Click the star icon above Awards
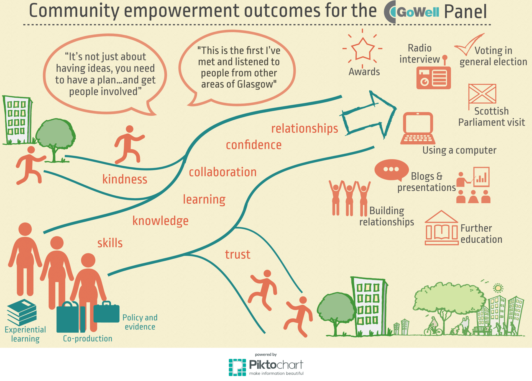point(363,49)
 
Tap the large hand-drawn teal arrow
point(369,115)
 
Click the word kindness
point(125,179)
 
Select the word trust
point(237,254)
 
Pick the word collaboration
point(223,172)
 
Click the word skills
point(110,243)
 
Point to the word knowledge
point(160,221)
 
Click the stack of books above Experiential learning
point(22,312)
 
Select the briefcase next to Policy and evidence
point(106,312)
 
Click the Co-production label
point(88,338)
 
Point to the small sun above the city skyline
point(498,288)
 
